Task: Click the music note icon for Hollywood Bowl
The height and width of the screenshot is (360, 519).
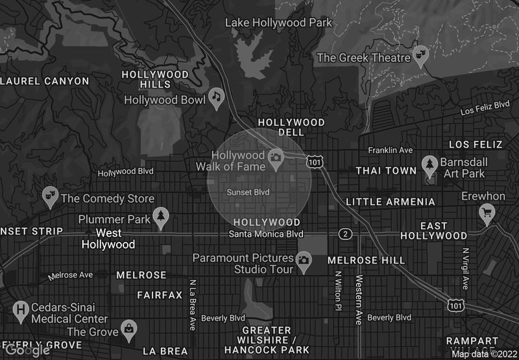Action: point(216,98)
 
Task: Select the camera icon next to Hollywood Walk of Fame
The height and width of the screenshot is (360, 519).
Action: point(276,158)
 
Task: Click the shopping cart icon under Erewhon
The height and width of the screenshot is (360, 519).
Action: point(487,211)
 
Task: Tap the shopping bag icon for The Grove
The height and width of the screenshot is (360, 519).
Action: point(130,330)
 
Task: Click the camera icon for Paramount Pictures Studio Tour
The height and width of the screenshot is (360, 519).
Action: point(303,261)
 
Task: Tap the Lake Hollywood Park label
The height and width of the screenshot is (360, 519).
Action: point(278,23)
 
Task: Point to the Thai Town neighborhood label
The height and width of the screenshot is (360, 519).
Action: point(386,171)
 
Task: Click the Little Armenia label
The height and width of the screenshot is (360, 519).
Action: point(391,202)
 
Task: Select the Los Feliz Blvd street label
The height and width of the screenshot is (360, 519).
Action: point(485,108)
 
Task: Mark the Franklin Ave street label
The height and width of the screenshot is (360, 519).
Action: point(390,150)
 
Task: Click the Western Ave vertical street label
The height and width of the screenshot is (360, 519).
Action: point(358,299)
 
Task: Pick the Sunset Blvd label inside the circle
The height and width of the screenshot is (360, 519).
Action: point(248,192)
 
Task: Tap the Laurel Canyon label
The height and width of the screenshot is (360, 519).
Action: point(44,81)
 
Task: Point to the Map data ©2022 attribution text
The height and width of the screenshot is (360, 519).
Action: point(483,354)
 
